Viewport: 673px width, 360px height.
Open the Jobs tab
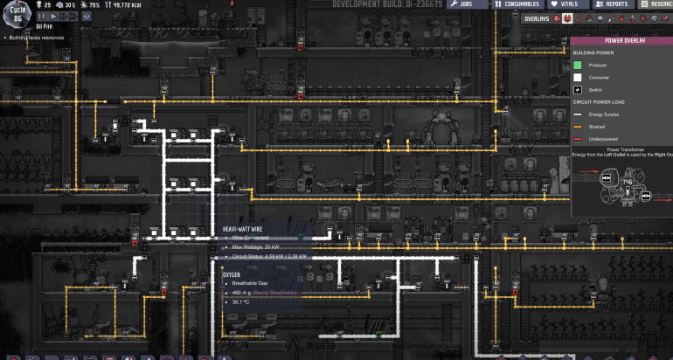[463, 4]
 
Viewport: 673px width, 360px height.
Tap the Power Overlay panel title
[621, 40]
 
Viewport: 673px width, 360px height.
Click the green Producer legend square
[579, 65]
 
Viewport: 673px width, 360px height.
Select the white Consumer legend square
[579, 77]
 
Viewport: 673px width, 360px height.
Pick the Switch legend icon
[579, 89]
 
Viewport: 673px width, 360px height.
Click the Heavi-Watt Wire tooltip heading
[240, 229]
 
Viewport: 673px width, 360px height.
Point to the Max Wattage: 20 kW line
[256, 247]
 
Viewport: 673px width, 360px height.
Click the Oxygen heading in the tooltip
[232, 273]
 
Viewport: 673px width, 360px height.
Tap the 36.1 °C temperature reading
[240, 301]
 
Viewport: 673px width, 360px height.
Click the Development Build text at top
[388, 4]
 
